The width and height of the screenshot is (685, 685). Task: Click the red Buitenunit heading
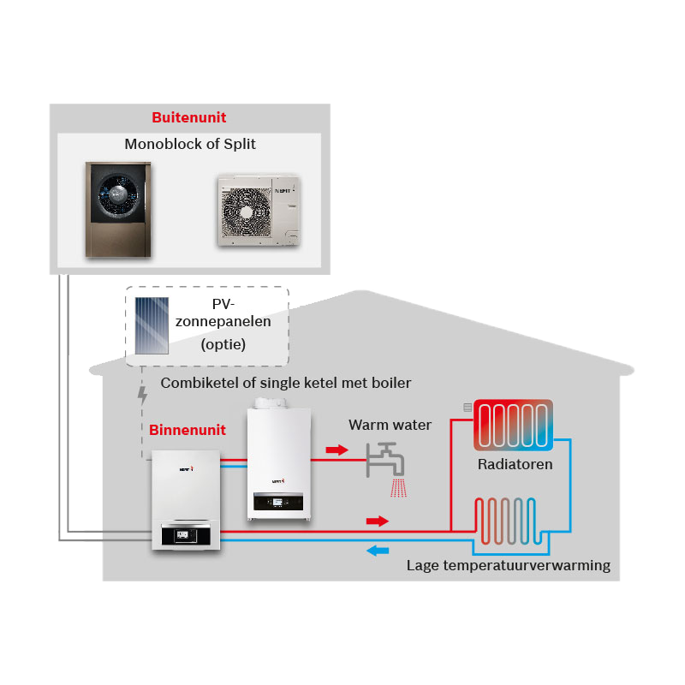point(188,117)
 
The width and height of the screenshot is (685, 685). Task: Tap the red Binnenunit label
point(188,430)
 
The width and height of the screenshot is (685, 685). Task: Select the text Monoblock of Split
point(190,144)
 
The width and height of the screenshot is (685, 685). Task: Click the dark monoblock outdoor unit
point(118,209)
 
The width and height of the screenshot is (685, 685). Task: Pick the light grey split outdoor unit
point(259,210)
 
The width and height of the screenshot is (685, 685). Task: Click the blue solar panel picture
point(152,325)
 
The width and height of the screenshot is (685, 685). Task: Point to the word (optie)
point(223,345)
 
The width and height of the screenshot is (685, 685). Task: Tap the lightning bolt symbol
point(142,396)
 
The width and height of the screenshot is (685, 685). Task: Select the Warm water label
point(390,425)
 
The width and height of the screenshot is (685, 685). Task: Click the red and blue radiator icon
point(513,425)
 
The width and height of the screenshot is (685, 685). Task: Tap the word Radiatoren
point(515,464)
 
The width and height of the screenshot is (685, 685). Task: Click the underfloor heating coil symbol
point(509,521)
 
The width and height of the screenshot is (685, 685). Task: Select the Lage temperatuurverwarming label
point(509,565)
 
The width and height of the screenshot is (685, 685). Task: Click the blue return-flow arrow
point(378,551)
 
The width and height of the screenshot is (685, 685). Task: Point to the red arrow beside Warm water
point(337,450)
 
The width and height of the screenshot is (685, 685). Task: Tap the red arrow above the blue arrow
point(378,521)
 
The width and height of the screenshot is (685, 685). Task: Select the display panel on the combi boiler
point(278,502)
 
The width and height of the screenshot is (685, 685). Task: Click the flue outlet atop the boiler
point(271,402)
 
